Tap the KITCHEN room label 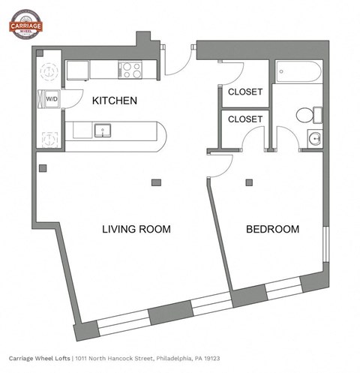pos(114,101)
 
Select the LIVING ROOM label pos(136,229)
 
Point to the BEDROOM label pos(273,229)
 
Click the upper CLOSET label pos(245,92)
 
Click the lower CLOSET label pos(245,119)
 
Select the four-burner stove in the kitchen pos(132,70)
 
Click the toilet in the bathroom pos(307,116)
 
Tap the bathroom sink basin pos(315,139)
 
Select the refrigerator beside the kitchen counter pos(78,70)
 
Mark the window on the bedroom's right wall pos(325,244)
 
